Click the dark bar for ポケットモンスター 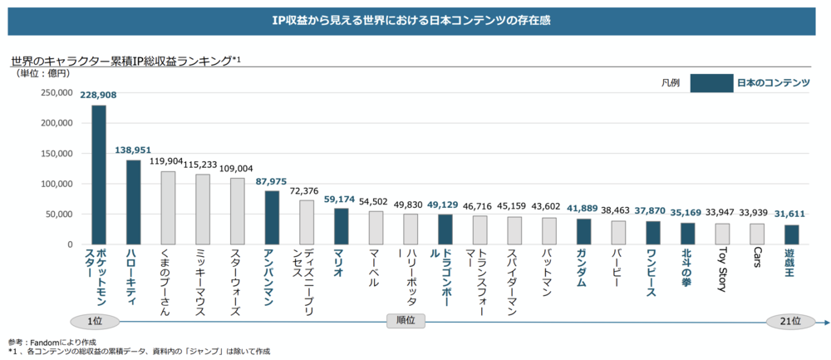point(98,175)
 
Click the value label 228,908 point(98,96)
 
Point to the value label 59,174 point(341,200)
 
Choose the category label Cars point(756,259)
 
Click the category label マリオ point(339,262)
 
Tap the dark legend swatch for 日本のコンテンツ point(710,83)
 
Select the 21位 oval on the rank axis point(790,321)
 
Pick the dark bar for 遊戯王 point(790,234)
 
